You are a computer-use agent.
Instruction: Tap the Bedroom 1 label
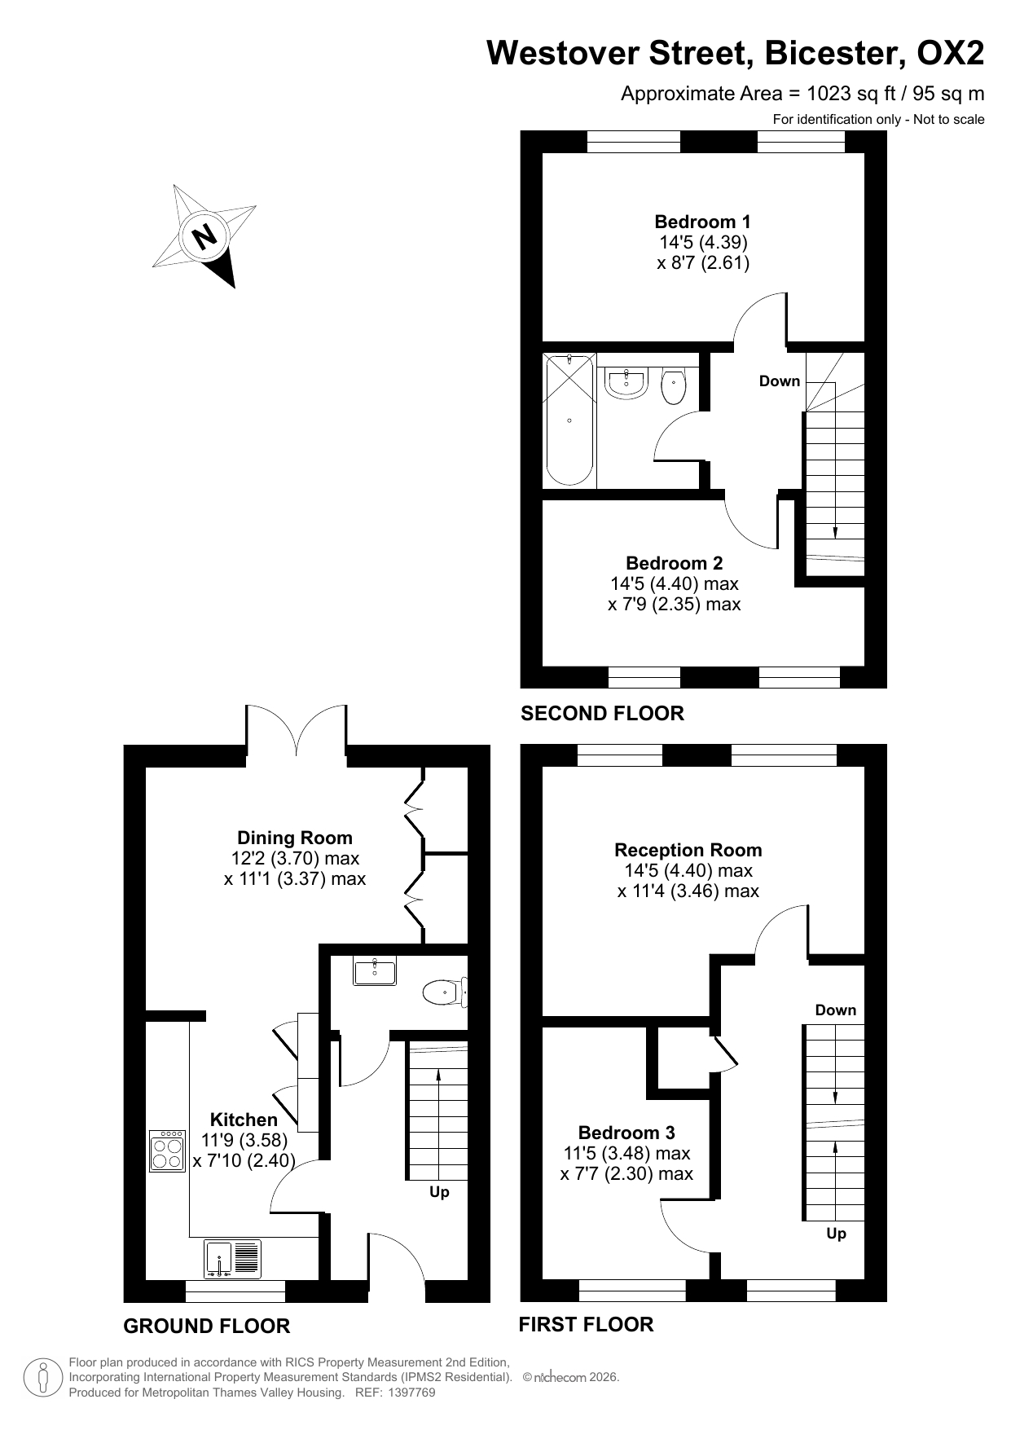(x=702, y=222)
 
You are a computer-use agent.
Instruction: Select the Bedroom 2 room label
(x=674, y=563)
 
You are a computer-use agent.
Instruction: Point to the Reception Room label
(x=688, y=850)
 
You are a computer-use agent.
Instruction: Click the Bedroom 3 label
(x=626, y=1133)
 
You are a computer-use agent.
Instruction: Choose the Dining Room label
(x=295, y=838)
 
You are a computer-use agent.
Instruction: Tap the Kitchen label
(x=244, y=1120)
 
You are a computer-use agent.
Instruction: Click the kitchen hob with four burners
(x=168, y=1151)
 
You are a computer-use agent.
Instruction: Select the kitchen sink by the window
(x=233, y=1259)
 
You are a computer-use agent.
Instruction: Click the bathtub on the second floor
(x=569, y=420)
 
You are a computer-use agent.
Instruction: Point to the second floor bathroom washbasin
(x=626, y=383)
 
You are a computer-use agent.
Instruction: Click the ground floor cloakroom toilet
(x=445, y=992)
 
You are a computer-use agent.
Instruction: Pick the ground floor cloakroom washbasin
(x=375, y=971)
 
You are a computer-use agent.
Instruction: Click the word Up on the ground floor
(x=439, y=1192)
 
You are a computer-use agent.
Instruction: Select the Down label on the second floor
(x=780, y=381)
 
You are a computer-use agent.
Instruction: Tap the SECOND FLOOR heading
(x=602, y=714)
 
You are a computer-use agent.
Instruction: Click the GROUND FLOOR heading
(x=206, y=1327)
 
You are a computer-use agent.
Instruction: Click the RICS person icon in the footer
(x=43, y=1378)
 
